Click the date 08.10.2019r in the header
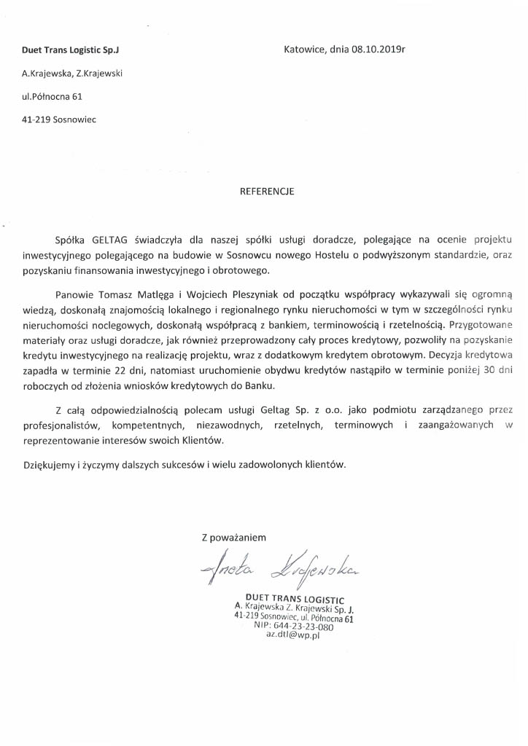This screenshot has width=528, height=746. tap(378, 50)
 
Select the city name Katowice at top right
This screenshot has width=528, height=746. tap(305, 50)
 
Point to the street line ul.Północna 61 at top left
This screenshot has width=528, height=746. tap(53, 95)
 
